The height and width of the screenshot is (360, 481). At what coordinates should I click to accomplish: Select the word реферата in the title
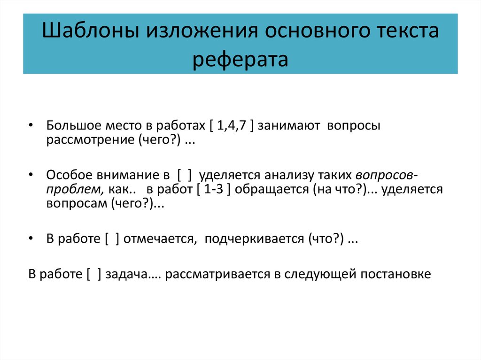(240, 60)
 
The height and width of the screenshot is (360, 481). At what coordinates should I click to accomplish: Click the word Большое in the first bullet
(69, 127)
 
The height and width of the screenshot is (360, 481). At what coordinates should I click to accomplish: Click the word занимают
(289, 127)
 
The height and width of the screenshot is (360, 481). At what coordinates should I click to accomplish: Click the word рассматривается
(218, 274)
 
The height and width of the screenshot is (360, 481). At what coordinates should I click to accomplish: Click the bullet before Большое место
(31, 127)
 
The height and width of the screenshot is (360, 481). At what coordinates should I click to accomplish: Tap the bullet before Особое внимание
(31, 176)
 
